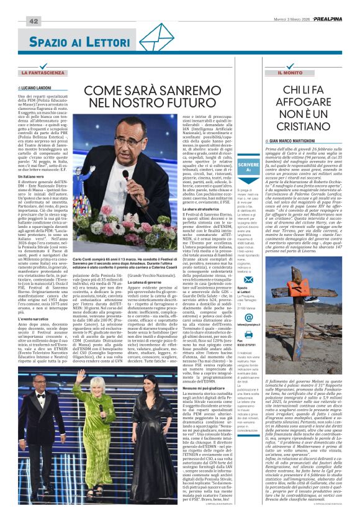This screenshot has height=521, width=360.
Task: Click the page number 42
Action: pyautogui.click(x=34, y=21)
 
